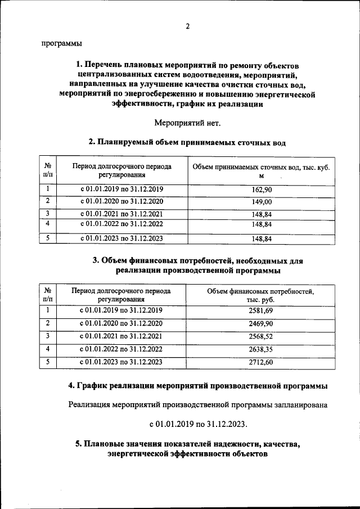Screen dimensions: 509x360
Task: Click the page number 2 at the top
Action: coord(188,26)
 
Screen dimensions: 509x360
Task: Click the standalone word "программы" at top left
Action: coord(61,43)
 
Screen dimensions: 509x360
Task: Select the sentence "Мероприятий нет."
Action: coord(188,123)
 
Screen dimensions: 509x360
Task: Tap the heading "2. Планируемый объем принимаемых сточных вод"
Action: coord(187,143)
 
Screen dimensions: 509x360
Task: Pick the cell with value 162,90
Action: coord(262,190)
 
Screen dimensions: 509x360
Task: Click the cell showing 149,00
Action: coord(262,201)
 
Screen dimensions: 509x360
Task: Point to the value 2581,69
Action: coord(260,310)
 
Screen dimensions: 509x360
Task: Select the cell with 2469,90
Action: coord(260,323)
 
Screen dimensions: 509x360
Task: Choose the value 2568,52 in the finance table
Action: coord(260,336)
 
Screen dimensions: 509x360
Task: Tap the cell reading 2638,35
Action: coord(260,349)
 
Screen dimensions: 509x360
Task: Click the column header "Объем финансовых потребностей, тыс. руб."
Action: coord(260,296)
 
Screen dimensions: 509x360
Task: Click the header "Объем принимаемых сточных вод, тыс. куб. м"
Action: coord(262,172)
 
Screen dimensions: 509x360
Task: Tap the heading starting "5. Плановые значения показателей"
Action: coord(187,449)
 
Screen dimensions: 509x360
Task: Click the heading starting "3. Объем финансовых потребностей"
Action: coord(198,265)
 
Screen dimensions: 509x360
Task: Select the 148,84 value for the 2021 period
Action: coord(262,214)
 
